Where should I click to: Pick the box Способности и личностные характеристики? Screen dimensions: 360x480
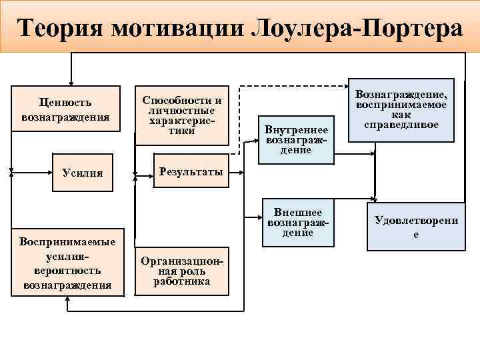tap(181, 115)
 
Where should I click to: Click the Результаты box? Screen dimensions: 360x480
tap(191, 173)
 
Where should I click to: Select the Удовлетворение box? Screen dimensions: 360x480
tap(416, 227)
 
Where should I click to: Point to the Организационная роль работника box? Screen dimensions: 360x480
tap(181, 271)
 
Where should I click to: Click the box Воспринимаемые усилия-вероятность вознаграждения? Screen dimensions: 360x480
tap(67, 263)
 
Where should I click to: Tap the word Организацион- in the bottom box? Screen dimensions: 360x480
tap(181, 262)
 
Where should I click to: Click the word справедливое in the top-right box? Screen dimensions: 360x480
tap(401, 125)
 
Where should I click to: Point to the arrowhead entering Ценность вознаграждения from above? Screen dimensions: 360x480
tap(69, 81)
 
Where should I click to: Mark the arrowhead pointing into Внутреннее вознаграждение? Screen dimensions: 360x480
tap(256, 141)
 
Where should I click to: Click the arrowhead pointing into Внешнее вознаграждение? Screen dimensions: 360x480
tap(261, 217)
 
